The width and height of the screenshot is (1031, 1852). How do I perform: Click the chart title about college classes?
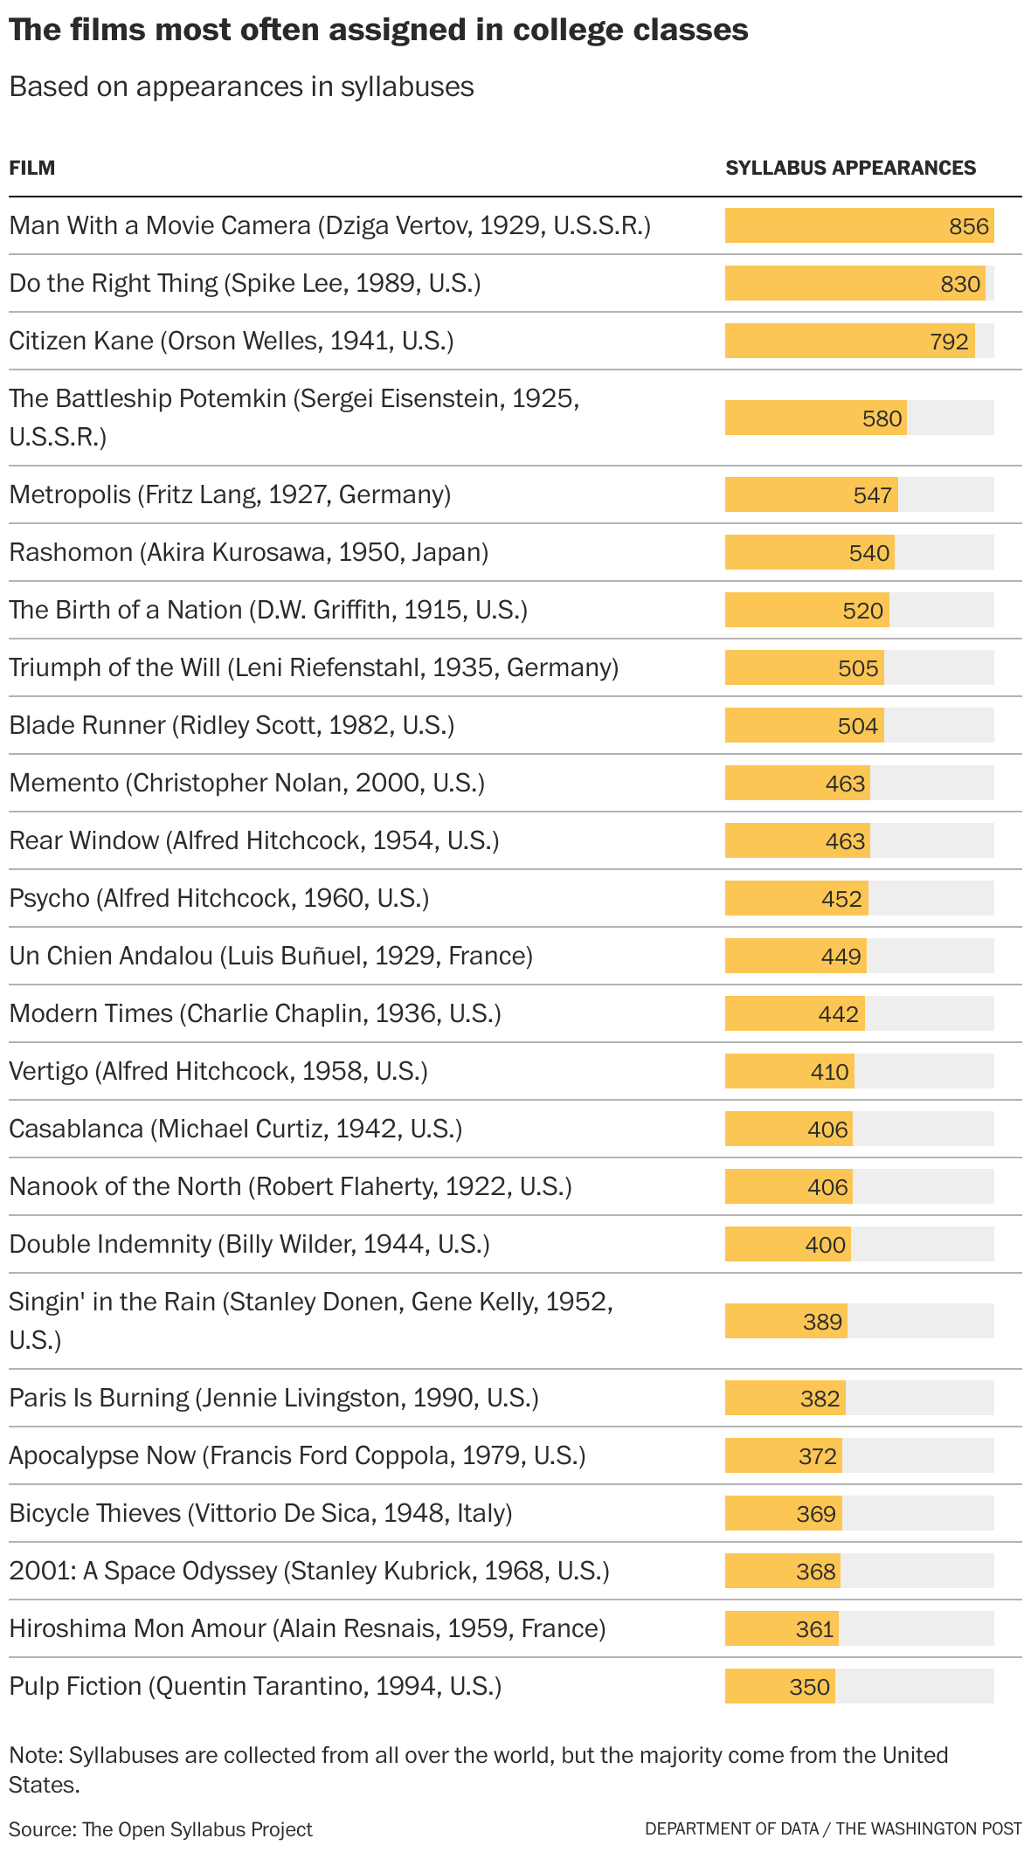pyautogui.click(x=378, y=31)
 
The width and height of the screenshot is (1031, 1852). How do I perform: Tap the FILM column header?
pyautogui.click(x=32, y=168)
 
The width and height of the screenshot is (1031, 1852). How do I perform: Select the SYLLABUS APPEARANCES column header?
pyautogui.click(x=850, y=168)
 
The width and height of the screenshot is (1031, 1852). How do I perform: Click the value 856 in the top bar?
pyautogui.click(x=968, y=226)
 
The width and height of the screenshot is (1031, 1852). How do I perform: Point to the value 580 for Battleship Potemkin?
pyautogui.click(x=881, y=418)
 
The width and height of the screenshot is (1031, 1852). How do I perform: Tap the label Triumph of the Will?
pyautogui.click(x=313, y=667)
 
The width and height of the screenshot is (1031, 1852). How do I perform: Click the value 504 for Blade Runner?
pyautogui.click(x=857, y=726)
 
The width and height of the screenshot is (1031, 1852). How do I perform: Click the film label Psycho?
pyautogui.click(x=218, y=898)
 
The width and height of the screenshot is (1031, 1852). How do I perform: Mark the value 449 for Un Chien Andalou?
pyautogui.click(x=841, y=957)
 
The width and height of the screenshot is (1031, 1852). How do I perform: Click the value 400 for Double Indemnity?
pyautogui.click(x=825, y=1245)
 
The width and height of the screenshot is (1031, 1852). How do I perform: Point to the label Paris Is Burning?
pyautogui.click(x=273, y=1398)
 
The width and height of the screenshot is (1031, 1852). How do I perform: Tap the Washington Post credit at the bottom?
pyautogui.click(x=833, y=1828)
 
